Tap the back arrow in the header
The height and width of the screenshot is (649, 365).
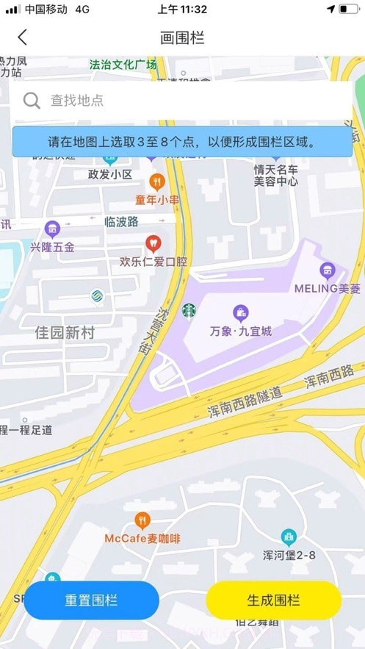(23, 37)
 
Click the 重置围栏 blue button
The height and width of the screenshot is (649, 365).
(92, 600)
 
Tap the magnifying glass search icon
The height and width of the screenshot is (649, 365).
(32, 101)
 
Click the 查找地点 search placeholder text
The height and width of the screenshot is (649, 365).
(76, 101)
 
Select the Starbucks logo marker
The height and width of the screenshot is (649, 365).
(189, 311)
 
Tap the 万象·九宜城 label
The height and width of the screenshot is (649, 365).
(240, 331)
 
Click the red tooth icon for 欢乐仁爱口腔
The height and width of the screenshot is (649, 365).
(153, 242)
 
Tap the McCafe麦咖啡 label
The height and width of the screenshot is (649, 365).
(142, 539)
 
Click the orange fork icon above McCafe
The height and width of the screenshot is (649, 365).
(142, 521)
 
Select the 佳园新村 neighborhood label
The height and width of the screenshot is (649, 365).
(65, 333)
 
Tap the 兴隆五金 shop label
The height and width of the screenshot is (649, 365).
(52, 247)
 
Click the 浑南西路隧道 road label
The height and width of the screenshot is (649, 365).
(245, 403)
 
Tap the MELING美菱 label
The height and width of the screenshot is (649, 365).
(328, 288)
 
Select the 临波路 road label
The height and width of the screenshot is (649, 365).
(122, 221)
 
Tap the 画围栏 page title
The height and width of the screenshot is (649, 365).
(182, 37)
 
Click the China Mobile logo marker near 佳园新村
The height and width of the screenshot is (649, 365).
(95, 296)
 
